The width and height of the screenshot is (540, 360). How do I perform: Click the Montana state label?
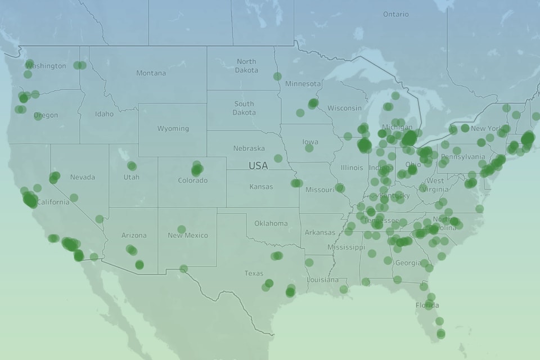tap(151, 73)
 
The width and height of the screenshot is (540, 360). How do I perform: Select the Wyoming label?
tap(173, 129)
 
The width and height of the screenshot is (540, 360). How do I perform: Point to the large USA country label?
tap(258, 166)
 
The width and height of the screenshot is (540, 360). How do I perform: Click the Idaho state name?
tap(104, 114)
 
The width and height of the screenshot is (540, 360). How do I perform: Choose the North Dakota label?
tap(246, 66)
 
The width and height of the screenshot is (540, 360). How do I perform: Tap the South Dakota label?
tap(244, 108)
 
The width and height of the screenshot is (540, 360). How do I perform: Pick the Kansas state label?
tap(261, 187)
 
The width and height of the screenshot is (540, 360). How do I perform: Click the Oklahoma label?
tap(271, 223)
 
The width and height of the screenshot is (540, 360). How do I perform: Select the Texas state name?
tap(254, 273)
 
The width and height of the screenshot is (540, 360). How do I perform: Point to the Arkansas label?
tap(319, 232)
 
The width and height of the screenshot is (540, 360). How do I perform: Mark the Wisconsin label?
tap(344, 108)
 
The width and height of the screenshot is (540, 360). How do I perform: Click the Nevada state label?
tap(82, 177)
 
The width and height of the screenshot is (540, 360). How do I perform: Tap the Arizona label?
tap(134, 236)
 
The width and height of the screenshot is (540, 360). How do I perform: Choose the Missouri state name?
tap(319, 190)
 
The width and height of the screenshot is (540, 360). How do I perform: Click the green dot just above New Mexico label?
tap(182, 229)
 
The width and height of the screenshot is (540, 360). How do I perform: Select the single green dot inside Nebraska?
tap(278, 158)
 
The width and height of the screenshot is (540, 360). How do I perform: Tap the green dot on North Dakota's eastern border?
tap(277, 76)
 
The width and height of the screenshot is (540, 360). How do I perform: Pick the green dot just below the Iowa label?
tap(309, 148)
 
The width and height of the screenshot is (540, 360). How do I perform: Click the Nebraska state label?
tap(249, 148)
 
